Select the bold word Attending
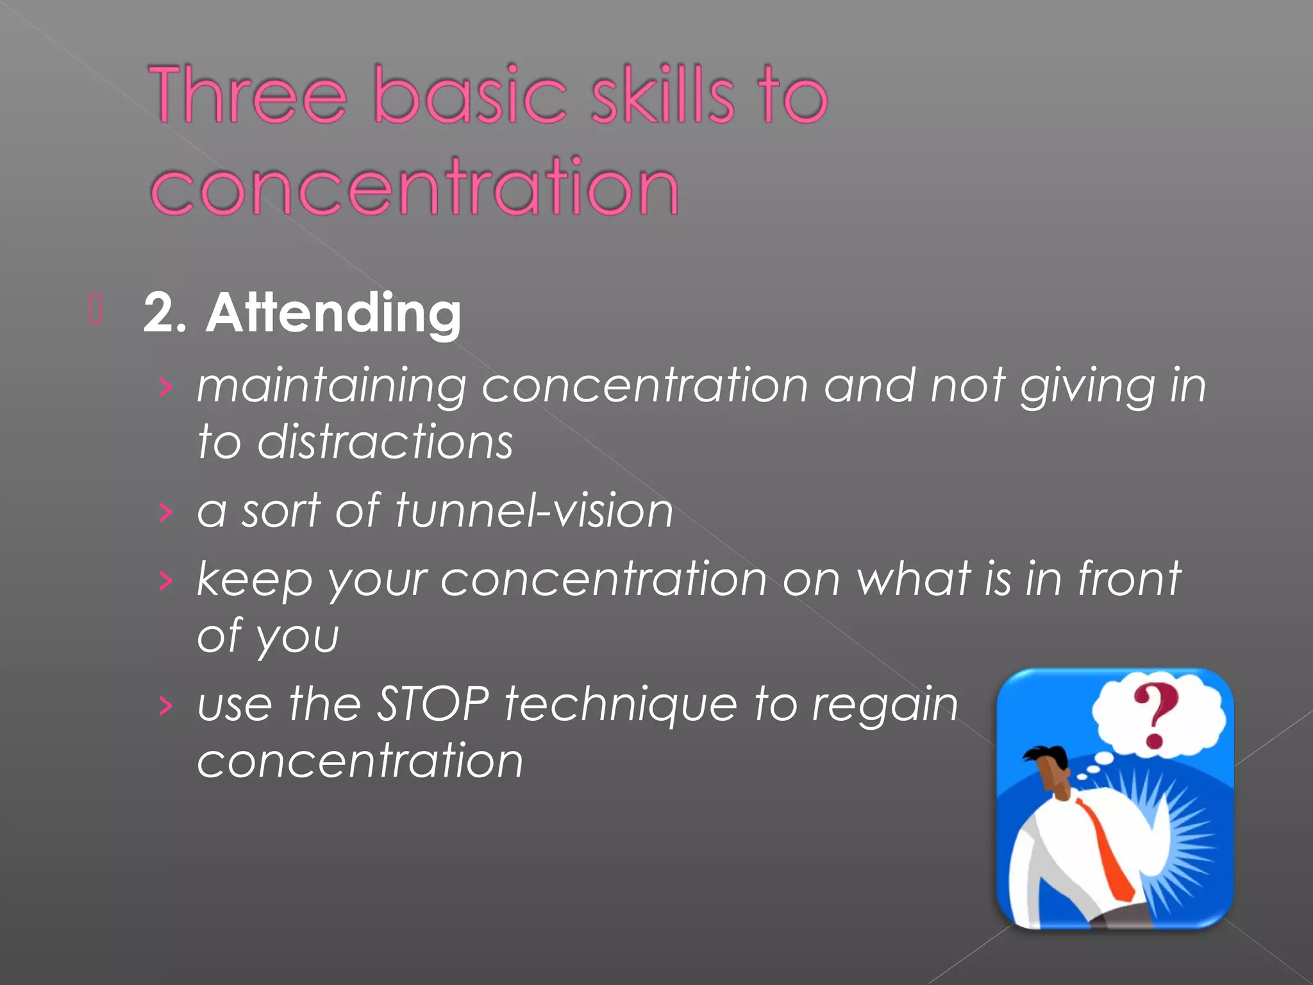point(333,313)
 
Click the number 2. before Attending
point(164,313)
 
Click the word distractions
point(385,442)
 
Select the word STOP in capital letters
point(433,704)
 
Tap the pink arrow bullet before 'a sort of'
point(166,512)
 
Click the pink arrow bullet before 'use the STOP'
point(166,706)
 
